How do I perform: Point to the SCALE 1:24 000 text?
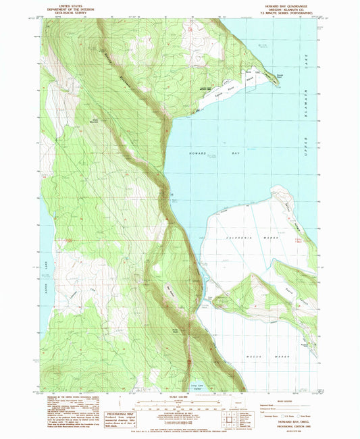click(x=180, y=396)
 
